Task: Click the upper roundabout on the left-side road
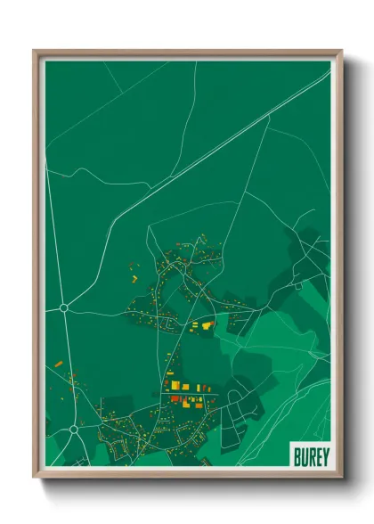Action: click(64, 307)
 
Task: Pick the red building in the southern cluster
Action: click(175, 399)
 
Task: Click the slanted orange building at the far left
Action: click(58, 364)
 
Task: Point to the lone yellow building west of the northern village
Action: click(136, 279)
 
